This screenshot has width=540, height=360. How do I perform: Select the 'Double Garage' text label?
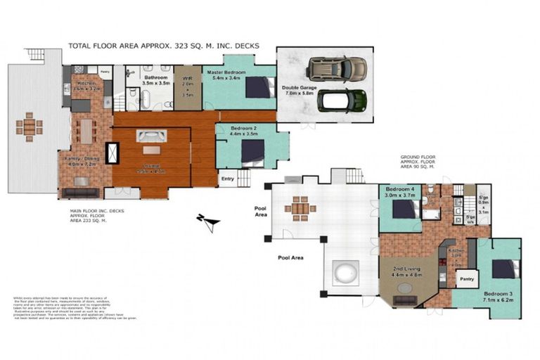pos(300,86)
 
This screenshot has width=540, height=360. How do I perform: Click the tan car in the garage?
pos(337,68)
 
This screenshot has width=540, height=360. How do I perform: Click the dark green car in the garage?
pos(342,101)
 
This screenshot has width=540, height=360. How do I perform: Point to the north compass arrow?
pos(209,221)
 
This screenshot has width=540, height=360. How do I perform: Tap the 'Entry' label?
pos(227,179)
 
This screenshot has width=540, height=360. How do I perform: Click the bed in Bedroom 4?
pos(404,209)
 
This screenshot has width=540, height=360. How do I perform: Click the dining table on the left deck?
pos(29,126)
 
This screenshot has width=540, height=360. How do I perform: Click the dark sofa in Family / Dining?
pos(79,192)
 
